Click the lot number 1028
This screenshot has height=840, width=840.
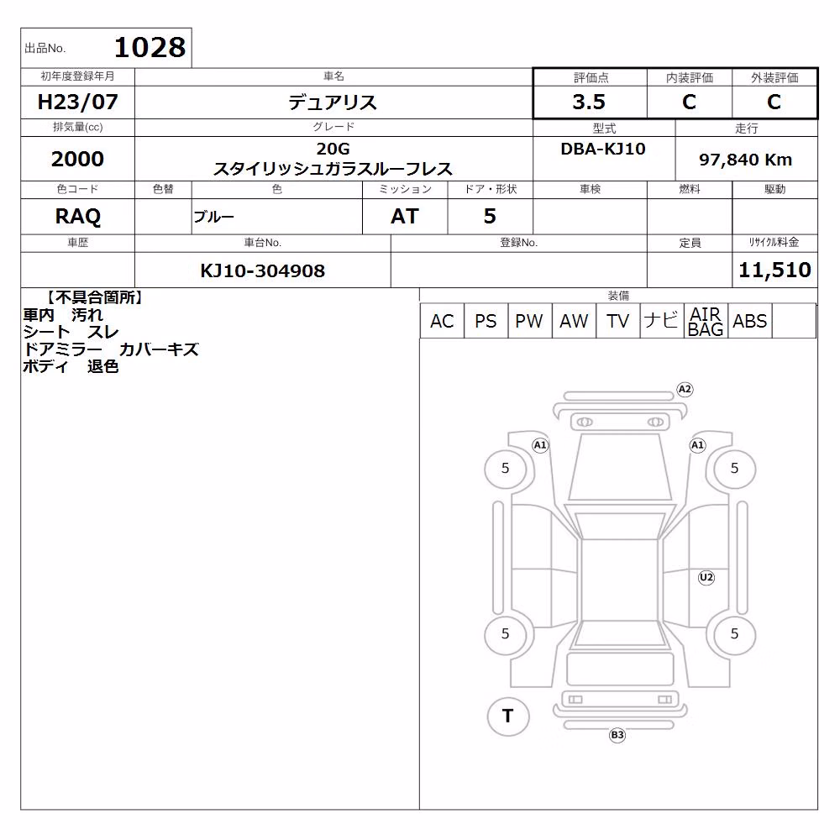coord(150,48)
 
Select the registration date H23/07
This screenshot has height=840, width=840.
coord(77,102)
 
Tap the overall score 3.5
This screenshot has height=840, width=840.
coord(589,102)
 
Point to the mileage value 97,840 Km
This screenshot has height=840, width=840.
coord(745,160)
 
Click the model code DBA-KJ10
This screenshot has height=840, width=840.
coord(602,149)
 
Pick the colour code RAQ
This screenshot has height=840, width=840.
coord(77,217)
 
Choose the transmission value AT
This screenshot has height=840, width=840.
coord(405,217)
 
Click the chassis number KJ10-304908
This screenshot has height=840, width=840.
coord(262,270)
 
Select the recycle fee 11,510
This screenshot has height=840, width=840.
coord(774,270)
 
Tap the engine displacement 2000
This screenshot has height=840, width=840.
coord(77,159)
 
